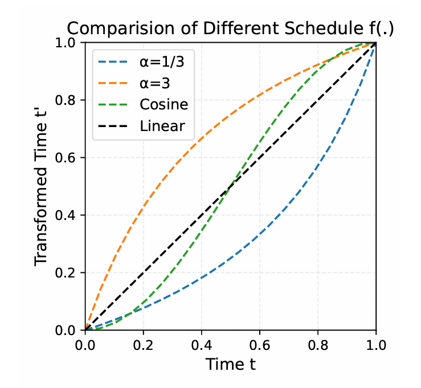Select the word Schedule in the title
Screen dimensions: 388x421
[320, 28]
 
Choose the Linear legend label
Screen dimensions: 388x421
[162, 125]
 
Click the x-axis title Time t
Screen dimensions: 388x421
[231, 364]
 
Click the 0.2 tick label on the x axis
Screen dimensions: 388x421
[144, 345]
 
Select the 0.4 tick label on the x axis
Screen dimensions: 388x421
[202, 345]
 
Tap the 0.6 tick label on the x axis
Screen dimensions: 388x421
[260, 345]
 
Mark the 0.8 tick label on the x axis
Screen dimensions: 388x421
[318, 345]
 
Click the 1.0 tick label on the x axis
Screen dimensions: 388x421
[375, 345]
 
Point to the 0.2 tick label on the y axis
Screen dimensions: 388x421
[68, 272]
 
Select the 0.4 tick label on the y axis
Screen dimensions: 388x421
[68, 215]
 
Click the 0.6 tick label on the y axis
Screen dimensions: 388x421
[68, 157]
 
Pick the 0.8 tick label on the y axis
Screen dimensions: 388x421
[68, 100]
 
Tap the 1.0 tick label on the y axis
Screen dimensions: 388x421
[68, 43]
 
